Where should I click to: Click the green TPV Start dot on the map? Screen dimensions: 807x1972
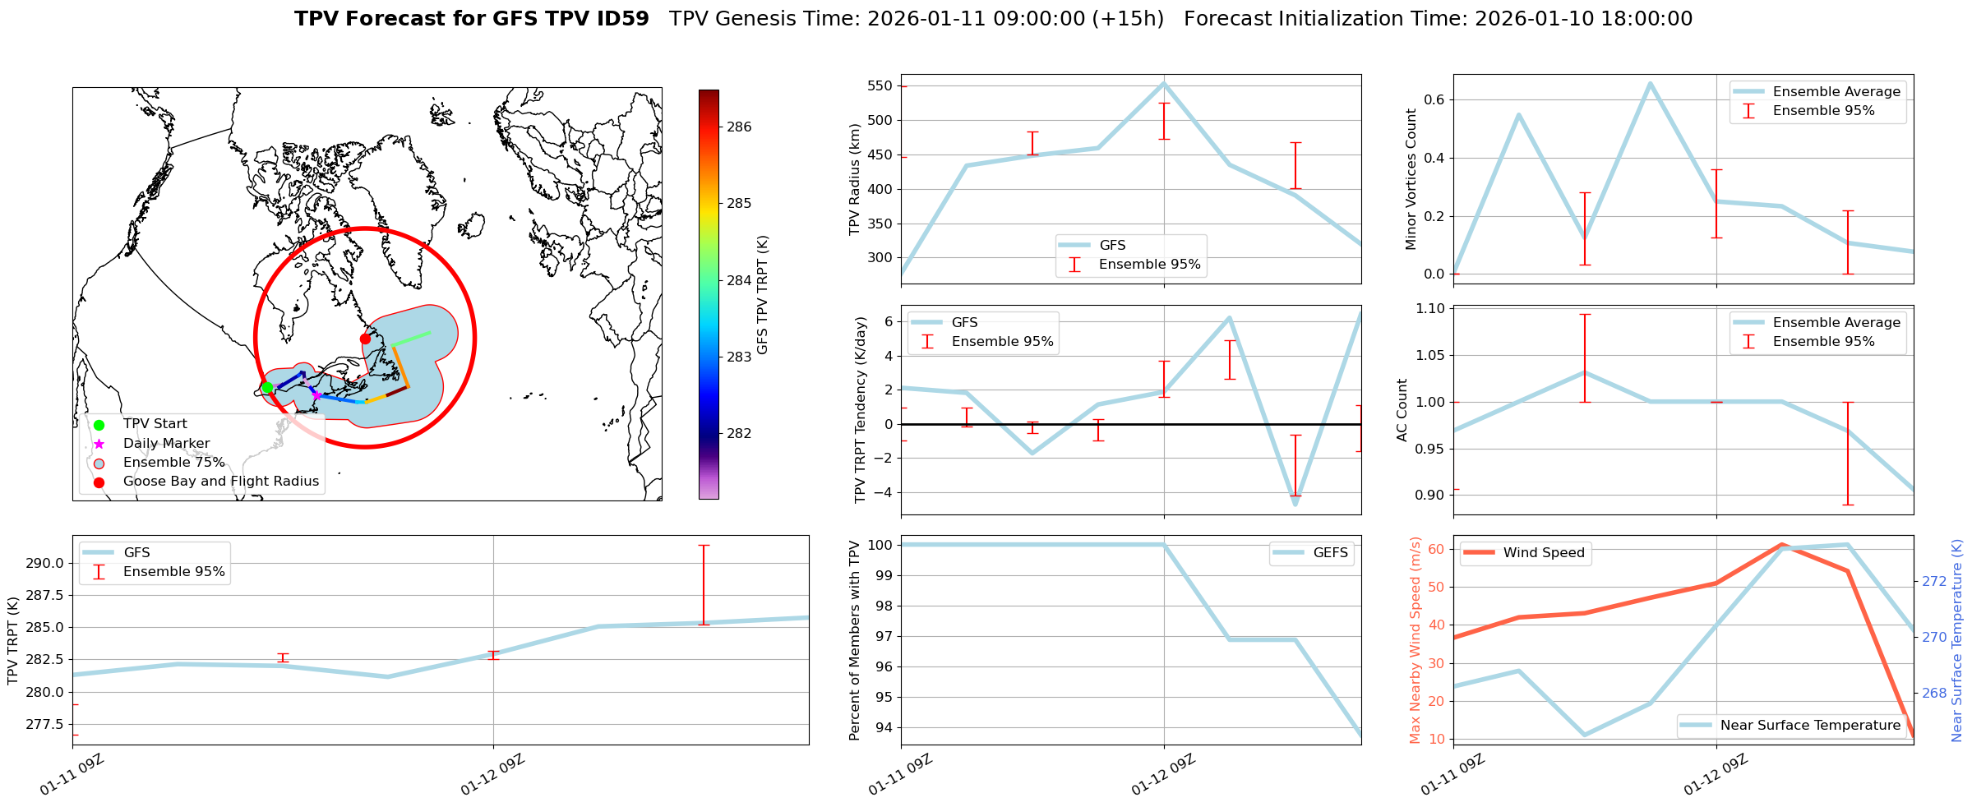tap(267, 388)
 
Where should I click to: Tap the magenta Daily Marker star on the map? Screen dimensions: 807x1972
tap(316, 395)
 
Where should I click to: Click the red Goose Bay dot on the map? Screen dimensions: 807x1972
tap(365, 339)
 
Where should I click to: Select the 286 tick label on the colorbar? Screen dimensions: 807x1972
tap(739, 127)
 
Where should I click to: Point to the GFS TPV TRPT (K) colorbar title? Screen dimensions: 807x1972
tap(763, 295)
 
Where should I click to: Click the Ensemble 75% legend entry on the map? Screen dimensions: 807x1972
tap(173, 463)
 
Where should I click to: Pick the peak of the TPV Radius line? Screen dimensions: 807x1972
tap(1164, 83)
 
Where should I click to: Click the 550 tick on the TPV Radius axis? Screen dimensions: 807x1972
tap(879, 86)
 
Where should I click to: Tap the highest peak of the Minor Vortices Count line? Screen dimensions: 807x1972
tap(1650, 83)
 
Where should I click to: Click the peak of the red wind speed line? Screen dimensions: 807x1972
tap(1781, 544)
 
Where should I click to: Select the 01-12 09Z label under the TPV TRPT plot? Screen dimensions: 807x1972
tap(492, 775)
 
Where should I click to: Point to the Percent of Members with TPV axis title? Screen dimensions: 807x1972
tap(855, 640)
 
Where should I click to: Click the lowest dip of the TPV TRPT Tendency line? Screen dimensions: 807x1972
tap(1295, 504)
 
